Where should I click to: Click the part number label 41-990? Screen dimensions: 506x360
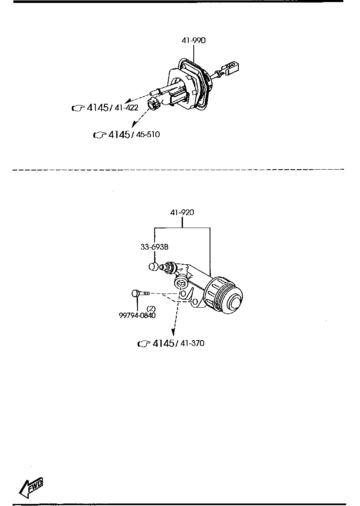pos(193,41)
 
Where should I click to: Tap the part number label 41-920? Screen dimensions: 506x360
pos(182,213)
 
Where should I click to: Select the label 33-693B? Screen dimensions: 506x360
pos(154,247)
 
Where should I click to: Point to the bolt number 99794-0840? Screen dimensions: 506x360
pos(137,315)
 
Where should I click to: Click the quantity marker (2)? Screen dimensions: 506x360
pos(151,308)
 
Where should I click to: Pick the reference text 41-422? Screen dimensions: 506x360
pos(126,108)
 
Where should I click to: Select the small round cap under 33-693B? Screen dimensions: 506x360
pos(153,267)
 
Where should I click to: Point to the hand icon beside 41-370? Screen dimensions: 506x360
pos(144,344)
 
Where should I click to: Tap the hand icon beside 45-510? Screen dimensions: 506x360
pos(100,135)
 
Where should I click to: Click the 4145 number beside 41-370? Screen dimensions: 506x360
pos(163,343)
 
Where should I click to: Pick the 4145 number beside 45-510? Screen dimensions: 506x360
pos(118,135)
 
